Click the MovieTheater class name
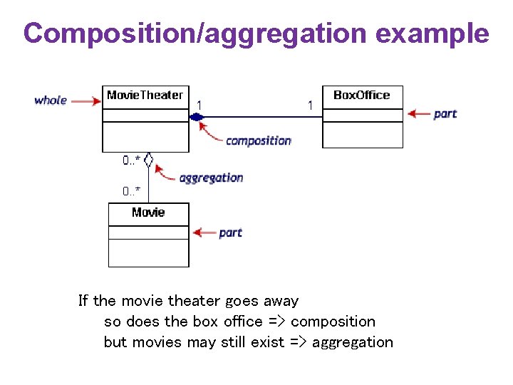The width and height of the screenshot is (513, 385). (x=145, y=95)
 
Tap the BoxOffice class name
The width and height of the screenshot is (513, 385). (x=362, y=95)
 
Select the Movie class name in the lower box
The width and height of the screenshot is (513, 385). (x=148, y=212)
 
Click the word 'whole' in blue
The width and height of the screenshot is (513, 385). (x=51, y=101)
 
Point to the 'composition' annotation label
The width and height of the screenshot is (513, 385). (x=258, y=140)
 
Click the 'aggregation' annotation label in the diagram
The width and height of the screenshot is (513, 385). (x=211, y=178)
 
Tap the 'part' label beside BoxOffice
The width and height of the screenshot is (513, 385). (x=445, y=113)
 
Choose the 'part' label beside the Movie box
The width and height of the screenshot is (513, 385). (x=230, y=232)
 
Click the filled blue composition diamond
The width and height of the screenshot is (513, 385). (x=196, y=117)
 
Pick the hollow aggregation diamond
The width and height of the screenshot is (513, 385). (x=148, y=160)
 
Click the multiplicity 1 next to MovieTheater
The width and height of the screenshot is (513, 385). (x=199, y=105)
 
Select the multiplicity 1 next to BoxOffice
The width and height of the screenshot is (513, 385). (x=310, y=105)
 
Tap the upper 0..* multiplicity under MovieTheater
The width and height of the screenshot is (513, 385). (x=130, y=161)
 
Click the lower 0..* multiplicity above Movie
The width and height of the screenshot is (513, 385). (x=130, y=191)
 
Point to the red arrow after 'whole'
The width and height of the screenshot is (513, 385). (x=86, y=101)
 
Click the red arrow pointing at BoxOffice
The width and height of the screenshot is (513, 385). (x=418, y=113)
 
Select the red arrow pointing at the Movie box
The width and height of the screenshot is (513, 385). (x=205, y=232)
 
